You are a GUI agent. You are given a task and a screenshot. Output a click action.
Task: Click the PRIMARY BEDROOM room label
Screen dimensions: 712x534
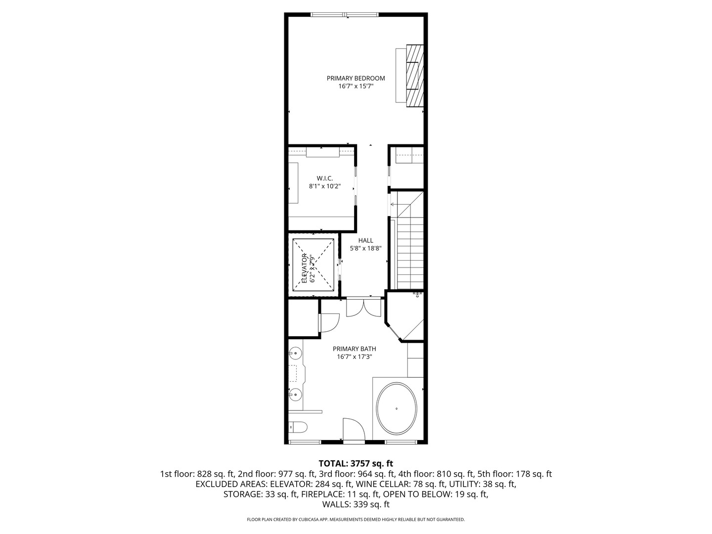(356, 78)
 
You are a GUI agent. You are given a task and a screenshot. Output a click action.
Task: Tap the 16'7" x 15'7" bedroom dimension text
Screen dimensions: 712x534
(356, 86)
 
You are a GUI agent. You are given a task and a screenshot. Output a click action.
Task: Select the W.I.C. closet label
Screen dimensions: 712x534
(324, 178)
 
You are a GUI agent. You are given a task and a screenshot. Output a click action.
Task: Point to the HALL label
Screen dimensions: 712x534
(365, 240)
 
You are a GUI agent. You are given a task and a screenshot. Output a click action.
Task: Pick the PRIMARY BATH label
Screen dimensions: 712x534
(354, 349)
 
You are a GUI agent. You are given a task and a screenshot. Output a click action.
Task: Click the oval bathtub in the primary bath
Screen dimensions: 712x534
(397, 409)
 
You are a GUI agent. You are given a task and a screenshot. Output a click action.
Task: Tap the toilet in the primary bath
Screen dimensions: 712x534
(298, 427)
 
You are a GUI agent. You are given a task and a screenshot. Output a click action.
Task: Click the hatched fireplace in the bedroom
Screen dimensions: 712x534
(415, 75)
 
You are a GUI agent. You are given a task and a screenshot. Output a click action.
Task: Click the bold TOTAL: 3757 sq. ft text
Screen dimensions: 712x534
(356, 463)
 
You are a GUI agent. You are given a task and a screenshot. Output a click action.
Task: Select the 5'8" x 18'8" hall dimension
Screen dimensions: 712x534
(365, 248)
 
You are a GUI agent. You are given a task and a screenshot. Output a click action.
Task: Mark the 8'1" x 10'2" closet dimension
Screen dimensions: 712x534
(325, 186)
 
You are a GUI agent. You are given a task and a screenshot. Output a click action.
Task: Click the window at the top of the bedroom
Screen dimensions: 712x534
(345, 14)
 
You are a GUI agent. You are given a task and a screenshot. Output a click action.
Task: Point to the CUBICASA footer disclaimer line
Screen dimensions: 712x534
(356, 519)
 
